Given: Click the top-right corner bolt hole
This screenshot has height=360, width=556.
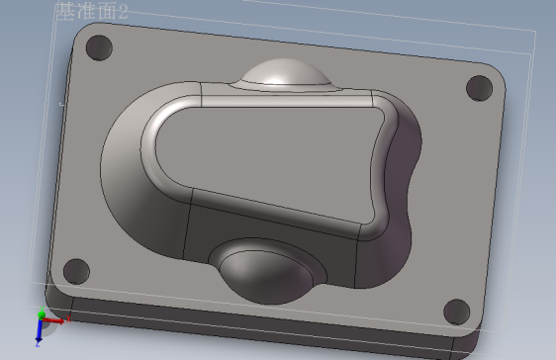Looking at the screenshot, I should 479,87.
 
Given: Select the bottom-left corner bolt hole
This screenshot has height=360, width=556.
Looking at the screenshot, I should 75,268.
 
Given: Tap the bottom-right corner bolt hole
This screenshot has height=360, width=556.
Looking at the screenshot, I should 456,311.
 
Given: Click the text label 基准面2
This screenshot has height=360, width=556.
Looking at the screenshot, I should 92,13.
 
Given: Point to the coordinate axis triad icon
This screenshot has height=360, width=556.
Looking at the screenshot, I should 44,322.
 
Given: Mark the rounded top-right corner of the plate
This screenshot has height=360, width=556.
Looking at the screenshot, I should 501,78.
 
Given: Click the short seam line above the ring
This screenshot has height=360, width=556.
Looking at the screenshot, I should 203,96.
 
